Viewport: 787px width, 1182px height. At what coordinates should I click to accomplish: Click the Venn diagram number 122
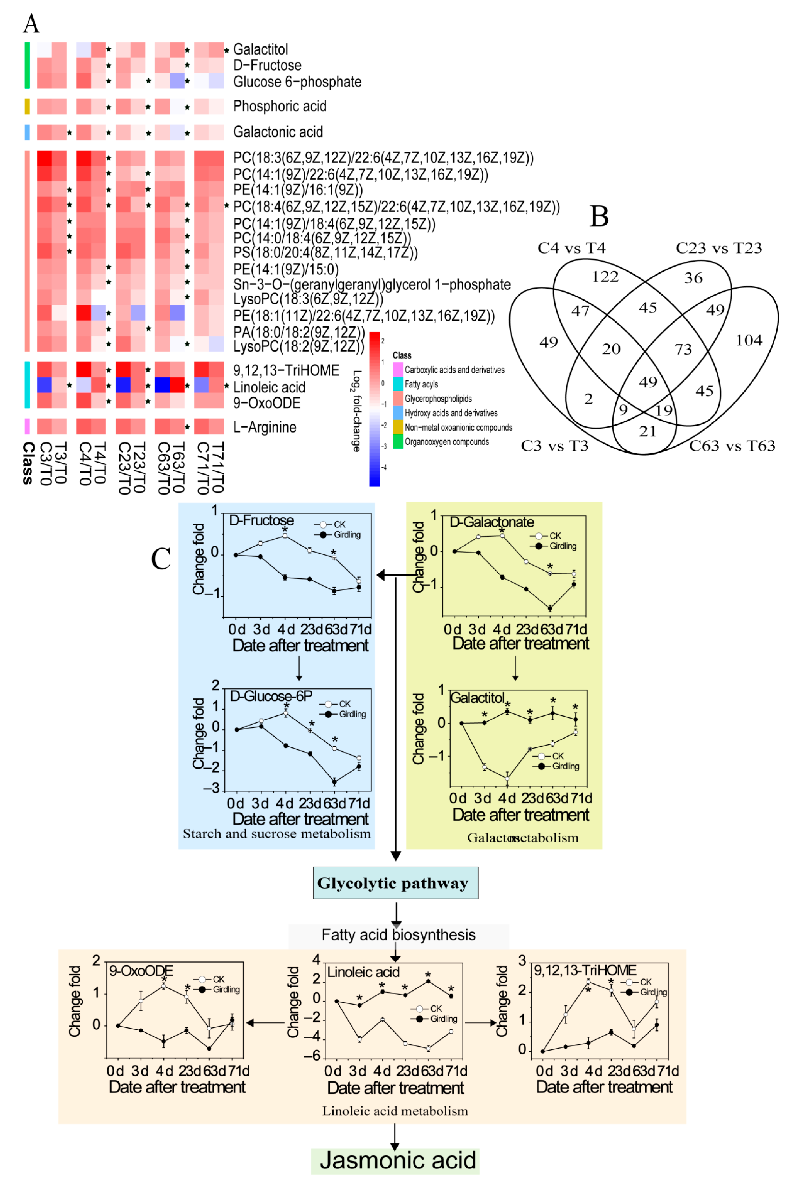[605, 276]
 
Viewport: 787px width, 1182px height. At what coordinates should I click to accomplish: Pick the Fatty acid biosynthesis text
[399, 934]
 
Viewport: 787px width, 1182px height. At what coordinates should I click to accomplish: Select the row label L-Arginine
[264, 427]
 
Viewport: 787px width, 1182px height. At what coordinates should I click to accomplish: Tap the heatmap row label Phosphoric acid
[280, 106]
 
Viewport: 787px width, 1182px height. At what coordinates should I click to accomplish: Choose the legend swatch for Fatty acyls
[398, 384]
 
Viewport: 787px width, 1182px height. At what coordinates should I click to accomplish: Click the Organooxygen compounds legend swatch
[398, 442]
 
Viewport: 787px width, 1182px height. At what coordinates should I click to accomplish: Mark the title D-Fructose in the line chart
[261, 520]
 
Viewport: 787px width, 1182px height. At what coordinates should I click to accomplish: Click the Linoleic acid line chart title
[363, 972]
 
